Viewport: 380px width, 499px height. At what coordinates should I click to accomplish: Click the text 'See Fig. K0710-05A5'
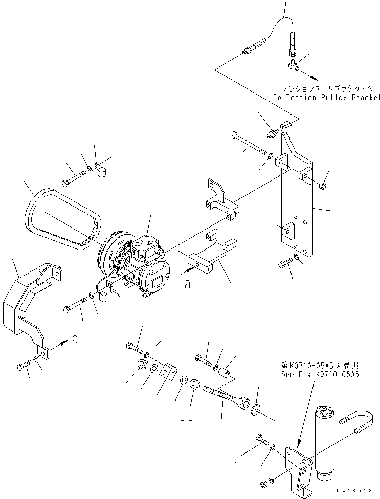coord(320,374)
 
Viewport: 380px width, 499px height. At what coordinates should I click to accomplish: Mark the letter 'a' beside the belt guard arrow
coord(75,340)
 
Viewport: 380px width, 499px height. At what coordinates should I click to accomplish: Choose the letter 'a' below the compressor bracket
coord(188,284)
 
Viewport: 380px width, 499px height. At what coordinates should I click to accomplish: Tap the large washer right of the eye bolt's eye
coord(254,409)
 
